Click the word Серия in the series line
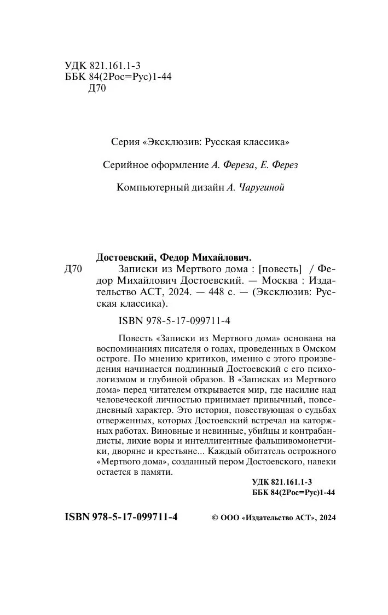(x=124, y=142)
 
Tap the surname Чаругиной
(x=261, y=188)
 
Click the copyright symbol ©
(x=214, y=518)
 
